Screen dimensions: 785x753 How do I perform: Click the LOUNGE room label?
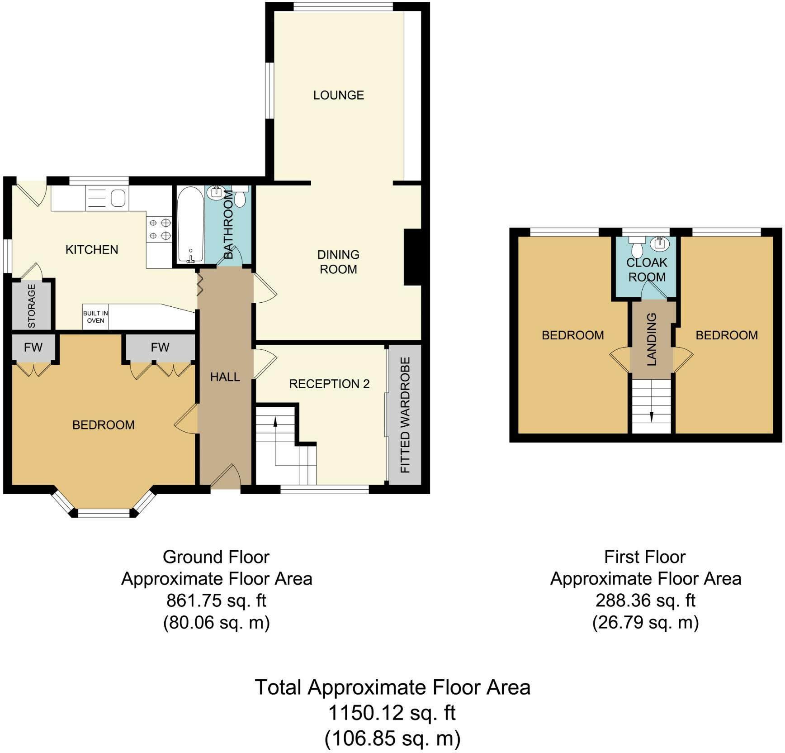pos(339,95)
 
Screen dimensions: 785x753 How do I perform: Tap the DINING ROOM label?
pos(338,262)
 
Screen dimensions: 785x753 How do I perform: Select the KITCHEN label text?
pos(92,250)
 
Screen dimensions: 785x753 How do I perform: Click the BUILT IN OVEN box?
pos(95,317)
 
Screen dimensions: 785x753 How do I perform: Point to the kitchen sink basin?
pos(118,198)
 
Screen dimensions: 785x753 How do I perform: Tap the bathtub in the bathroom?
pos(190,225)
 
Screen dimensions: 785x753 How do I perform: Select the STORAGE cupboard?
pos(32,305)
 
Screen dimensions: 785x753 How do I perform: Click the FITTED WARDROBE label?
pos(405,415)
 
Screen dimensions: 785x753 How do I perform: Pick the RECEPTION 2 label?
pos(329,384)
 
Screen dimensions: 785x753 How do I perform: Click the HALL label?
pos(225,377)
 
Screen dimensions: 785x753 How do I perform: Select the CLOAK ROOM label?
pos(647,270)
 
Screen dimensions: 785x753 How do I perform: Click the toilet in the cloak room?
pos(637,247)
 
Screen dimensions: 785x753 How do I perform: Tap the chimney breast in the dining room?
pos(412,257)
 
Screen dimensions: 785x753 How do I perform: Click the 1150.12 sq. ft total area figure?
pos(392,713)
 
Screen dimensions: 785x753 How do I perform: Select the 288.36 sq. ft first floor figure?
pos(645,600)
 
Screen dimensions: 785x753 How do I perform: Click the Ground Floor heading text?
pos(216,557)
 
